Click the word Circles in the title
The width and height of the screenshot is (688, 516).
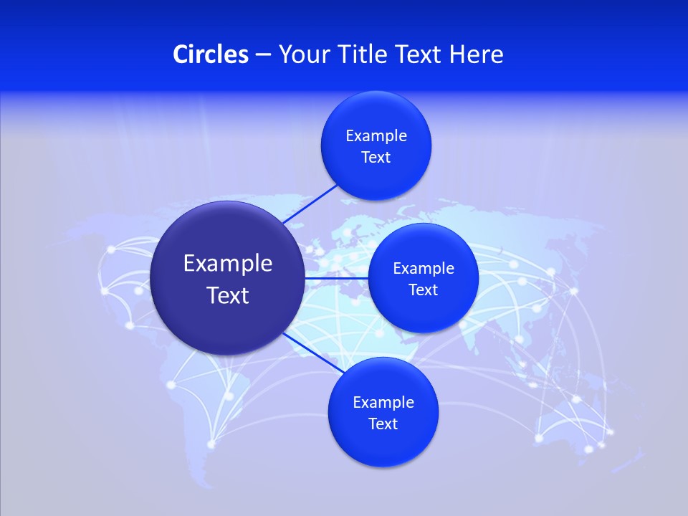point(210,54)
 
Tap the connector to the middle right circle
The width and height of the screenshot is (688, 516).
point(337,277)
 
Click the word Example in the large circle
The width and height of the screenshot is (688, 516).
point(228,264)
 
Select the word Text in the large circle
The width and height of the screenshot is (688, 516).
point(228,295)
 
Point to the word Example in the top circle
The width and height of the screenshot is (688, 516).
point(376,136)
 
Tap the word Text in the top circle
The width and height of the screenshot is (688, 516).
point(376,158)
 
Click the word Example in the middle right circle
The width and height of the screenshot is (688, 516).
point(424,269)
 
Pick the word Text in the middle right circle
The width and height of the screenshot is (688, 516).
point(424,290)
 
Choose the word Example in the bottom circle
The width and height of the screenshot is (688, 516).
point(383,403)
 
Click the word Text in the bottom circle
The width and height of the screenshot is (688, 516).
point(383,424)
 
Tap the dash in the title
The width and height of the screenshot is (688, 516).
point(263,55)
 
